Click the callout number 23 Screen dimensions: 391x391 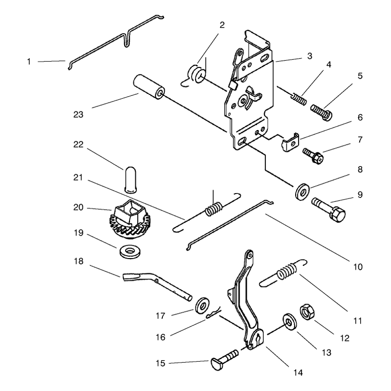coord(78,115)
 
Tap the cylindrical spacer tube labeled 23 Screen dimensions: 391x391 coord(149,87)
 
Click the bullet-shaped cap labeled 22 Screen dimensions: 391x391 coord(130,179)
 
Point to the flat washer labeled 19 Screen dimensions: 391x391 coord(130,252)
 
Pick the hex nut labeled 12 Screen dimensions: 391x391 coord(307,312)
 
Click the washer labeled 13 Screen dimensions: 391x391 coord(289,322)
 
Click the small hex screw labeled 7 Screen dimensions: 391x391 coord(313,155)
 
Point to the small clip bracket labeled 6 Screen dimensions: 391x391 coord(290,142)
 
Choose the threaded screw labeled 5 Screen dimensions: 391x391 coord(321,112)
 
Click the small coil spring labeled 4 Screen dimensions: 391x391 coord(299,99)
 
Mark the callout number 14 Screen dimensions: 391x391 coord(298,372)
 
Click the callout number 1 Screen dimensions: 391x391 coord(29,62)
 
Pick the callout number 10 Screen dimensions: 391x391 coord(358,267)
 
